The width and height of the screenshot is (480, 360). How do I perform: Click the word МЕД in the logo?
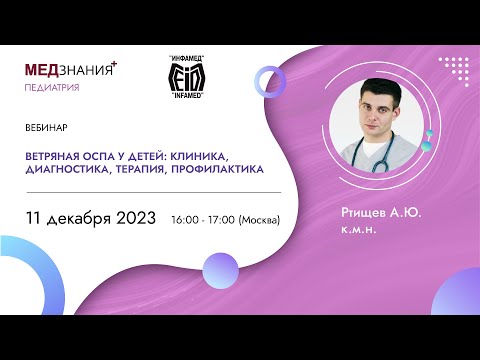pos(44,72)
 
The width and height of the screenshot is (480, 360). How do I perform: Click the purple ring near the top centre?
pos(270,80)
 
